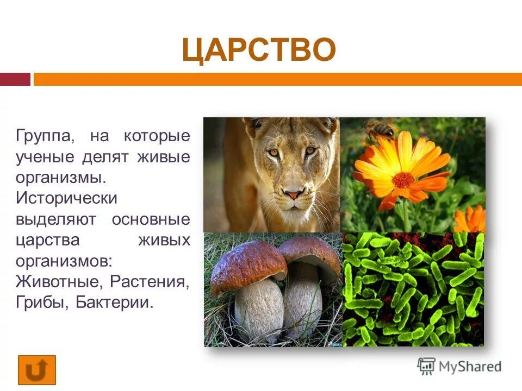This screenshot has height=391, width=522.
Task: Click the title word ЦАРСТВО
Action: click(259, 51)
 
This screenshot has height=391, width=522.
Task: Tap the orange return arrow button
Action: click(37, 370)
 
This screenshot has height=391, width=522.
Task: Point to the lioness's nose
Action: click(294, 194)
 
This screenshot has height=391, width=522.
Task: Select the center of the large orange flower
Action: click(403, 180)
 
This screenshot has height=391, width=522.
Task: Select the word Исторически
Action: click(66, 198)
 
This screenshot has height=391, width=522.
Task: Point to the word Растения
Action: click(150, 281)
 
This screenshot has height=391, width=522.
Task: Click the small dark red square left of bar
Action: click(15, 80)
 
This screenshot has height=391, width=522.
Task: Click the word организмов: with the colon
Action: click(64, 260)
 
